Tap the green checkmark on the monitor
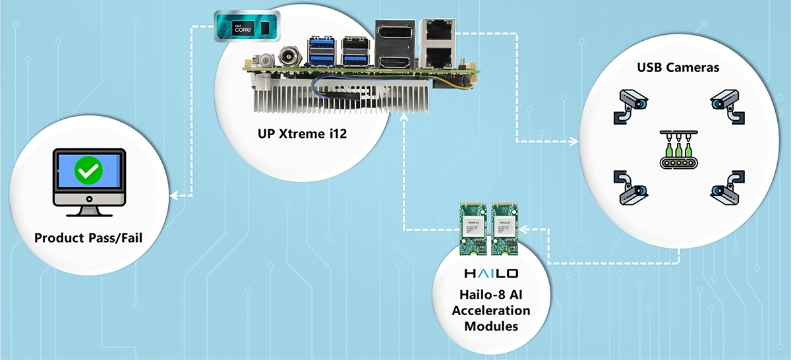point(88,171)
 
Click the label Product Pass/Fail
point(88,237)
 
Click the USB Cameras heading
point(676,68)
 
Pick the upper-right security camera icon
point(726,103)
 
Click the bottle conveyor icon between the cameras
point(679,150)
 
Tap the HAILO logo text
point(491,273)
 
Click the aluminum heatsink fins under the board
point(343,99)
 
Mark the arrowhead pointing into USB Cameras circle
point(574,141)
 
